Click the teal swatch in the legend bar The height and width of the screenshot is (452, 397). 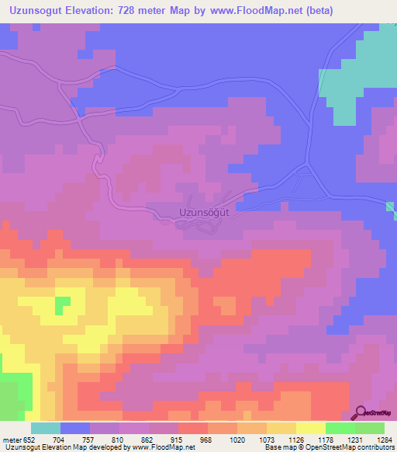pos(46,428)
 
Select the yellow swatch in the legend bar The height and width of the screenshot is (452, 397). pos(311,428)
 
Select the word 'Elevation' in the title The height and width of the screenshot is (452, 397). pos(91,12)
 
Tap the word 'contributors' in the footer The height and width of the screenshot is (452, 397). pos(375,447)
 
